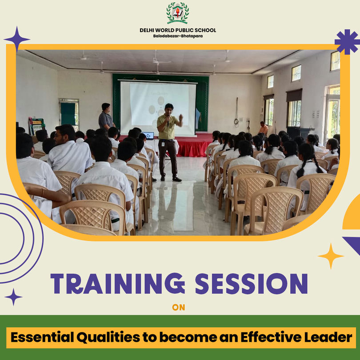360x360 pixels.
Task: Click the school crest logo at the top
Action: pyautogui.click(x=178, y=13)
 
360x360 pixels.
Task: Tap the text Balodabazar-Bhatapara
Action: pyautogui.click(x=178, y=36)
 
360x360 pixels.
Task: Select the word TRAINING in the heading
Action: pyautogui.click(x=117, y=283)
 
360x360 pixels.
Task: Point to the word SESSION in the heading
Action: pyautogui.click(x=251, y=283)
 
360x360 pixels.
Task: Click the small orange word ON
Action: pyautogui.click(x=178, y=308)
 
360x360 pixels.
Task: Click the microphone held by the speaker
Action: pyautogui.click(x=168, y=120)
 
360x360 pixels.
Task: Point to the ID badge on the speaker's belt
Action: pyautogui.click(x=163, y=144)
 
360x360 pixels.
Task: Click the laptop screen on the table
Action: pyautogui.click(x=148, y=136)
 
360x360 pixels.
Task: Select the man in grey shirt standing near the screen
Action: pyautogui.click(x=106, y=117)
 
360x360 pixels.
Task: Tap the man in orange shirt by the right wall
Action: pyautogui.click(x=263, y=128)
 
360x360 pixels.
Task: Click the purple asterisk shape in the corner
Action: pyautogui.click(x=348, y=42)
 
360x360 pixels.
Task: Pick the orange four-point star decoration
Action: pyautogui.click(x=331, y=256)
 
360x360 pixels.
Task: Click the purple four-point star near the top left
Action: pyautogui.click(x=17, y=39)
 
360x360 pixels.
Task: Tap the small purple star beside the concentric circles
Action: pyautogui.click(x=13, y=297)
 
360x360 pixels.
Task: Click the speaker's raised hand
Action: pyautogui.click(x=181, y=117)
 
